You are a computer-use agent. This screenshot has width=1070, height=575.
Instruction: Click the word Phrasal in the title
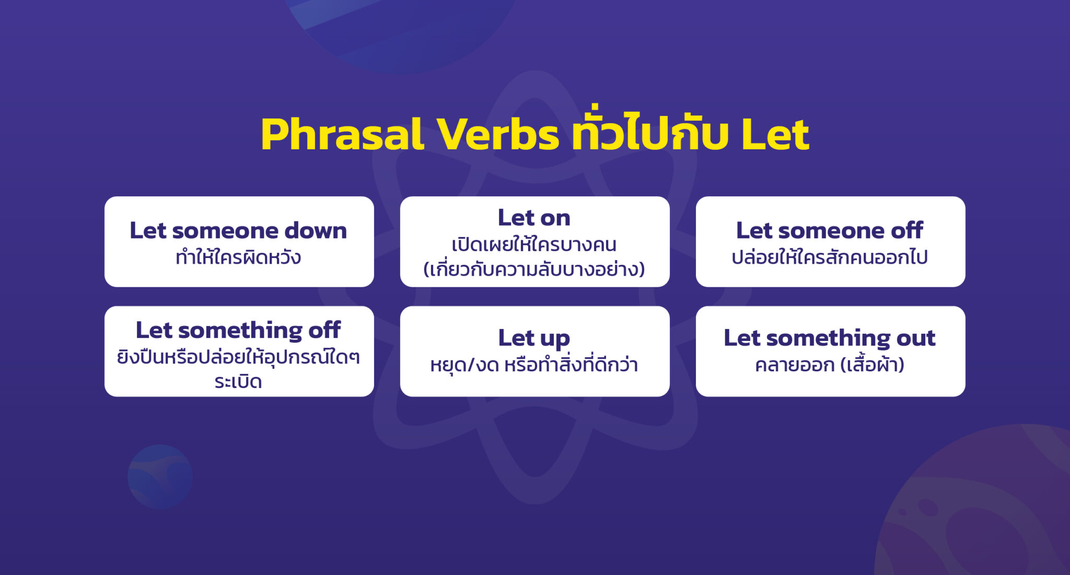pyautogui.click(x=342, y=135)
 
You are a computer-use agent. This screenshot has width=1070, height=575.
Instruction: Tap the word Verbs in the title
pyautogui.click(x=497, y=135)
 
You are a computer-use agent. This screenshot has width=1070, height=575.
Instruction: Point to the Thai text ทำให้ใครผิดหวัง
pyautogui.click(x=238, y=257)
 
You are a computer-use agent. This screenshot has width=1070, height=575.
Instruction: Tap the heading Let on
pyautogui.click(x=534, y=217)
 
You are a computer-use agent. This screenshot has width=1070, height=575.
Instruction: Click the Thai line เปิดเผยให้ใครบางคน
pyautogui.click(x=534, y=244)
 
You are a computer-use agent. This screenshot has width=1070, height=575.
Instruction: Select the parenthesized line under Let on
pyautogui.click(x=534, y=269)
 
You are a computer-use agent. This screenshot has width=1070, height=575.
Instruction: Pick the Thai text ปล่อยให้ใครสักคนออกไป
pyautogui.click(x=829, y=257)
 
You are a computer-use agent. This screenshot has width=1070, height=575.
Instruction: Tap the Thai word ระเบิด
pyautogui.click(x=238, y=382)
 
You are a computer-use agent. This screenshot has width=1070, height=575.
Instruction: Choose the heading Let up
pyautogui.click(x=534, y=338)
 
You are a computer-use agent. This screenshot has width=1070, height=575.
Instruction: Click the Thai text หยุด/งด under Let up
pyautogui.click(x=464, y=365)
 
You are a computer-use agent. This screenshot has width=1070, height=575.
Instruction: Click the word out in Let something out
pyautogui.click(x=915, y=338)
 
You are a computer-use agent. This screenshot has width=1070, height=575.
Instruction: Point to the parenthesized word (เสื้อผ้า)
pyautogui.click(x=873, y=365)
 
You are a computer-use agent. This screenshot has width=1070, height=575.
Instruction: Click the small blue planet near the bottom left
pyautogui.click(x=160, y=476)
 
